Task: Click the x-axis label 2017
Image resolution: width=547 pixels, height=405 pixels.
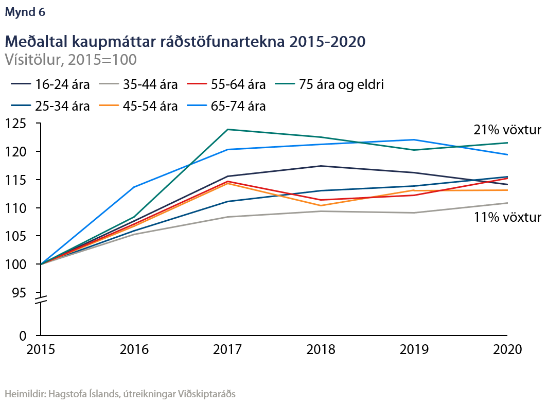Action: click(x=227, y=349)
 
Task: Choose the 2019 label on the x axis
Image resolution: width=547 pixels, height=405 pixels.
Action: click(x=414, y=349)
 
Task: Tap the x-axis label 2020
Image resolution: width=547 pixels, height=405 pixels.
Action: click(x=507, y=349)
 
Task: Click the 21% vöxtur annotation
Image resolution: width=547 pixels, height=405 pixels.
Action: click(x=507, y=130)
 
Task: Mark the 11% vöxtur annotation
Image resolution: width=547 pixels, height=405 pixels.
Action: click(x=507, y=218)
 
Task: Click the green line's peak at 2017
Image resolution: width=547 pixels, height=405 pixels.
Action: click(x=227, y=129)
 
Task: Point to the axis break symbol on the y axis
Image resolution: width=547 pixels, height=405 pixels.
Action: click(x=41, y=300)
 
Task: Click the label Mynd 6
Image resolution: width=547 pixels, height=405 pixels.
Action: click(x=25, y=13)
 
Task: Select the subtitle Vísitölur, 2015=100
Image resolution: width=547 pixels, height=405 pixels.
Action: click(x=70, y=60)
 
